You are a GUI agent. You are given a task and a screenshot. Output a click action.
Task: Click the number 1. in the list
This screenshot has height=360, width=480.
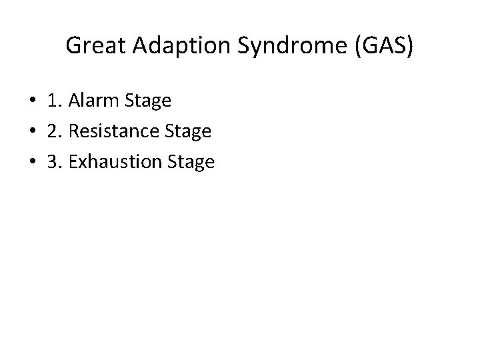coord(55,101)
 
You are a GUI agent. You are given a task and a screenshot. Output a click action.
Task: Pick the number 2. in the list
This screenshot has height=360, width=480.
coord(55,131)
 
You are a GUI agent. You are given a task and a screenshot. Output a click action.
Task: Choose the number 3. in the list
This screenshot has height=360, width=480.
coord(55,161)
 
